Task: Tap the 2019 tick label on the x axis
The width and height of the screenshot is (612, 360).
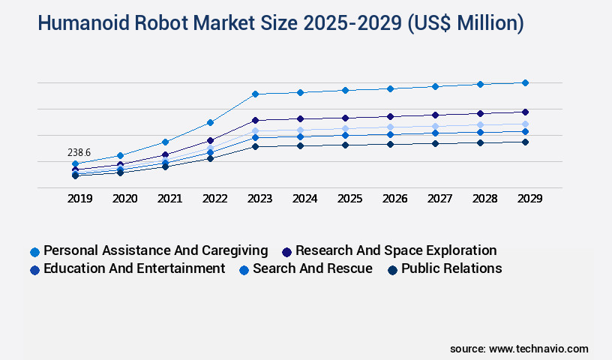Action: [79, 199]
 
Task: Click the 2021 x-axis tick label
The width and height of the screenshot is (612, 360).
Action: [169, 199]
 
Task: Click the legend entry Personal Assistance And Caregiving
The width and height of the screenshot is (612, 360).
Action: [155, 250]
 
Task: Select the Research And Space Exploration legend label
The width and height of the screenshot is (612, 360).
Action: [396, 250]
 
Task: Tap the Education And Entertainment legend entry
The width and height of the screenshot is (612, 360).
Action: [134, 268]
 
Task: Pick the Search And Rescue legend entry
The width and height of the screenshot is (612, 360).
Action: [312, 268]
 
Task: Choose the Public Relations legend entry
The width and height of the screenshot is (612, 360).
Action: [451, 268]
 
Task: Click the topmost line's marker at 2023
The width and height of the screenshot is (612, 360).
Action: [255, 94]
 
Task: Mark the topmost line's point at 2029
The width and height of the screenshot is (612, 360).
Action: [525, 82]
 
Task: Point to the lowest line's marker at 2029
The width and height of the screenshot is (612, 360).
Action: [525, 142]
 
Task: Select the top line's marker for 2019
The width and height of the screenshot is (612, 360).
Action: [75, 163]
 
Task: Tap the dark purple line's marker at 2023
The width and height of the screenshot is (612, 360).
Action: [255, 120]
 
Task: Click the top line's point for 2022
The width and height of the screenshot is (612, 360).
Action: [210, 122]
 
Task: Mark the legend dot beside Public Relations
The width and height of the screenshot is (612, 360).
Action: [392, 269]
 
